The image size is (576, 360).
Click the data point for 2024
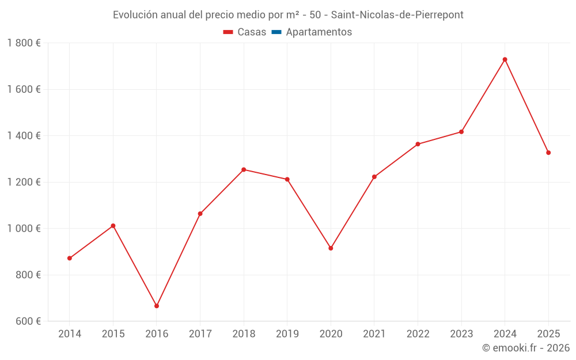[505, 59]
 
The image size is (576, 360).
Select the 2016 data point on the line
[157, 306]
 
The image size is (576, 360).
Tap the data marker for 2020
[331, 248]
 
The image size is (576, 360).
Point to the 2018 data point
[244, 169]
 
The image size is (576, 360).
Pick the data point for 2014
[70, 258]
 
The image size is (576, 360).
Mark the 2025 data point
[548, 153]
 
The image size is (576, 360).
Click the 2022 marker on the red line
[418, 144]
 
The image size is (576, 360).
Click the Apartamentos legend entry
[319, 32]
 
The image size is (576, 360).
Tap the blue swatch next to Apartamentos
[276, 32]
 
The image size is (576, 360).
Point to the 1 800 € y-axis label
[24, 43]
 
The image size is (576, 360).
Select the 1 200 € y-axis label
[24, 182]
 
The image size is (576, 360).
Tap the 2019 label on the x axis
[287, 334]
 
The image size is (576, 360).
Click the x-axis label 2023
[461, 334]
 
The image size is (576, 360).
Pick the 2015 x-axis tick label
[113, 334]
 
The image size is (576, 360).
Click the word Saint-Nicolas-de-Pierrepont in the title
[397, 15]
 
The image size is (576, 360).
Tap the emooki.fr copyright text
[526, 348]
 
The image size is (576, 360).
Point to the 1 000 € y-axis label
[24, 229]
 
